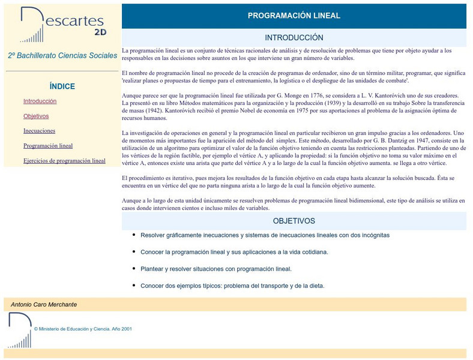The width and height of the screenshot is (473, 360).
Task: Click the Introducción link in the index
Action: (40, 101)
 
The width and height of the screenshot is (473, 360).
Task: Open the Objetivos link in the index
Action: (36, 116)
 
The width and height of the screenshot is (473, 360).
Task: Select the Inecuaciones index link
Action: (39, 131)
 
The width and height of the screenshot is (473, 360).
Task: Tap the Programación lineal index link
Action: (48, 146)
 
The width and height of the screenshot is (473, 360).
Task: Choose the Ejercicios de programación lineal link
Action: (64, 161)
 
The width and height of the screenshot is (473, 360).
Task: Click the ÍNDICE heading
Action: (62, 86)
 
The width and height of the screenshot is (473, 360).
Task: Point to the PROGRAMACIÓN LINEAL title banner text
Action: (294, 16)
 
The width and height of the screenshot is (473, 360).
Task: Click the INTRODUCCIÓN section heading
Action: (294, 38)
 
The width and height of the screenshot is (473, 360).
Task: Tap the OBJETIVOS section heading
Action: (294, 221)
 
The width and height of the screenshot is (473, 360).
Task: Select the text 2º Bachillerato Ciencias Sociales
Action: (62, 55)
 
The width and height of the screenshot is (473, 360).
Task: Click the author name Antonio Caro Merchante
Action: (44, 305)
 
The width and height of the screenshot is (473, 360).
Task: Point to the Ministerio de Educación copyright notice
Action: (83, 329)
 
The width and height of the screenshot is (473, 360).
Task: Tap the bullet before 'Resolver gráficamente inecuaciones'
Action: (133, 235)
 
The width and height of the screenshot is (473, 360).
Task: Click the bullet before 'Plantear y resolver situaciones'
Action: (133, 268)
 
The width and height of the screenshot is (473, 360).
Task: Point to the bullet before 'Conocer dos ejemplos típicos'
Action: (133, 285)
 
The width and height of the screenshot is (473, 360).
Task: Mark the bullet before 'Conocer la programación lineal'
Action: (133, 251)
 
